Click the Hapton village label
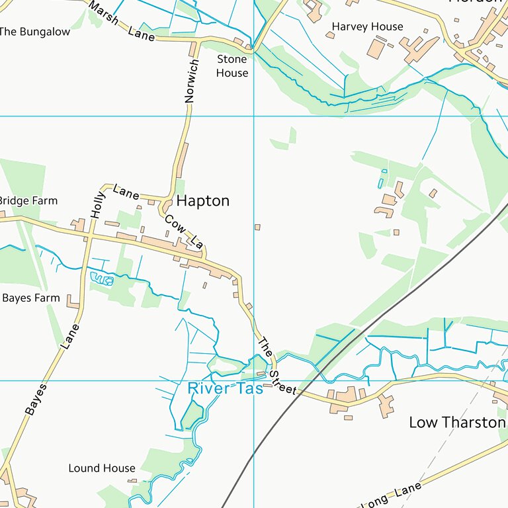click(x=202, y=201)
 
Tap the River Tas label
click(x=225, y=389)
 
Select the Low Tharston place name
click(x=457, y=422)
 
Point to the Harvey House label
click(x=367, y=27)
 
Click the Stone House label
click(x=232, y=66)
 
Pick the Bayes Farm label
click(x=30, y=298)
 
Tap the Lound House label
click(x=102, y=468)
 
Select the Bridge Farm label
click(x=28, y=201)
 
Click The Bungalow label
click(x=34, y=32)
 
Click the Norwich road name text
click(x=191, y=81)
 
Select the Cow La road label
click(x=183, y=232)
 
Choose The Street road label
click(x=276, y=367)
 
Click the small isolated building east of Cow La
click(x=257, y=228)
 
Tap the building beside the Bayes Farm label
click(x=73, y=305)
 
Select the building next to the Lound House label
click(x=132, y=481)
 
